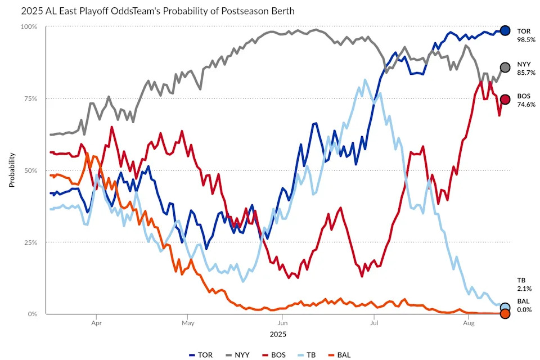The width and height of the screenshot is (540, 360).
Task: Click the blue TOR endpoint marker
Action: (505, 31)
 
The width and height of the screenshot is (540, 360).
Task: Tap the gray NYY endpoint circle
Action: (505, 67)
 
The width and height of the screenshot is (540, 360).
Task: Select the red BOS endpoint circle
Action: (505, 100)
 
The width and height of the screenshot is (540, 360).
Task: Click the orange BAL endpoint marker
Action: (505, 314)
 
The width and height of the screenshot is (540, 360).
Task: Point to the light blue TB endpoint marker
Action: (505, 308)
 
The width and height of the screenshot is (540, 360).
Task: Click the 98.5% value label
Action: (526, 40)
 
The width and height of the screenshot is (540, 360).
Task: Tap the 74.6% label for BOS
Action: (526, 105)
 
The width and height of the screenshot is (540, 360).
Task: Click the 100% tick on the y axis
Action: (29, 27)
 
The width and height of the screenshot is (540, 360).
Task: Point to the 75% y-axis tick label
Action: (30, 98)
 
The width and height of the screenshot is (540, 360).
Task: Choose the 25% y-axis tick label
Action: (30, 242)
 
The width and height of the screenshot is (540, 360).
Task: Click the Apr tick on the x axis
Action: (96, 323)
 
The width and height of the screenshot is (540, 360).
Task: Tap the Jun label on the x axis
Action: (282, 323)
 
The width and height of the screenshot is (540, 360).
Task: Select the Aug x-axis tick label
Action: (468, 323)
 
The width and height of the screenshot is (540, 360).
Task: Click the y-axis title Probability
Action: (12, 170)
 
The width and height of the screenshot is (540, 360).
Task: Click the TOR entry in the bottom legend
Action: (201, 354)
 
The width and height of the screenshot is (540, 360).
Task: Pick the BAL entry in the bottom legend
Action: (342, 354)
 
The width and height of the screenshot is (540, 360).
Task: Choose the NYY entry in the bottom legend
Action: (237, 354)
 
